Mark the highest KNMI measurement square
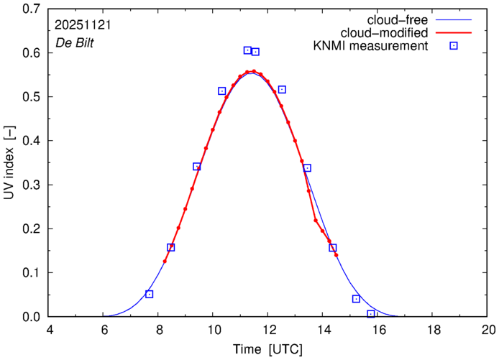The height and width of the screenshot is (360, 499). (247, 50)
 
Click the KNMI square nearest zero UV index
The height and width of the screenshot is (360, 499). (371, 314)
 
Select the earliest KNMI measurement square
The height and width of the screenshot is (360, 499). (149, 294)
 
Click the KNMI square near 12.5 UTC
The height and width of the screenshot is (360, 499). (282, 90)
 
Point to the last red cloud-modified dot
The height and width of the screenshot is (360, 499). (336, 255)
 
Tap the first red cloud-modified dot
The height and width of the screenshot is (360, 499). (165, 261)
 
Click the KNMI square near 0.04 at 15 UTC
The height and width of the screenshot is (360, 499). (356, 299)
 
